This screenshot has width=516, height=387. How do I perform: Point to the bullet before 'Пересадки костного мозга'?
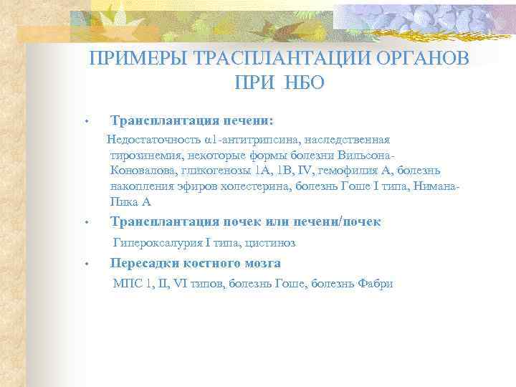coord(85,266)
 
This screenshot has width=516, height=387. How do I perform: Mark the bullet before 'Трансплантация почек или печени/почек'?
coord(85,224)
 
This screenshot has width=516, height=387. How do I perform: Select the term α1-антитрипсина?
coord(243,139)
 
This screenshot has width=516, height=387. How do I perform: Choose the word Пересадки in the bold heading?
coord(143,263)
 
